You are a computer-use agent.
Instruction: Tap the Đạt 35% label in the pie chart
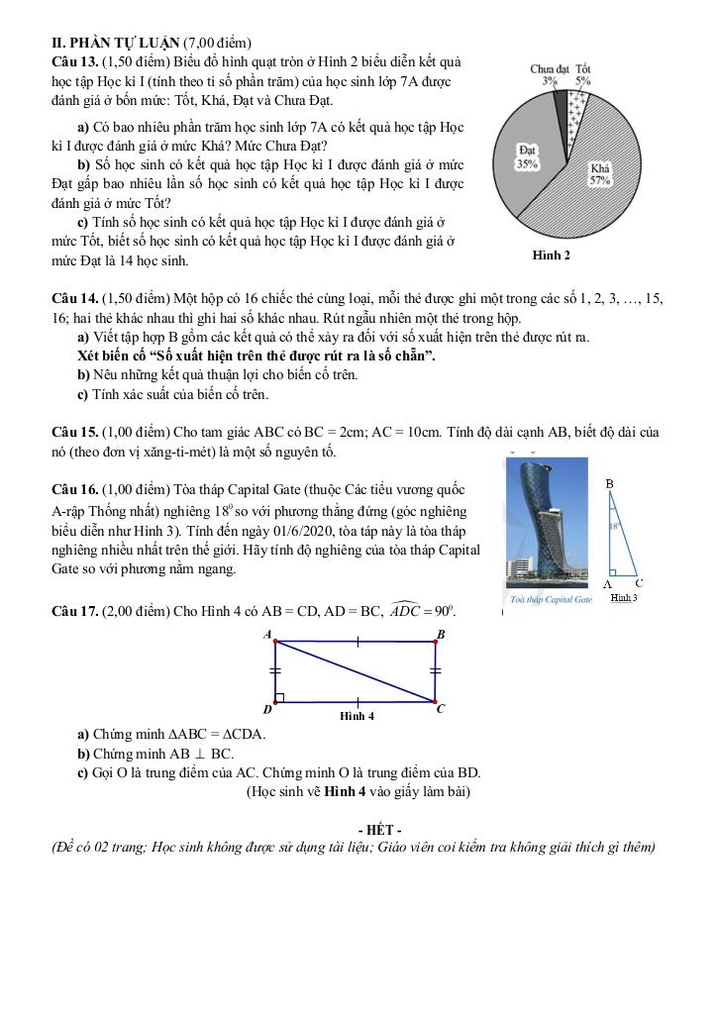528,156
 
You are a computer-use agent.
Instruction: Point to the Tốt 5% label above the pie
583,75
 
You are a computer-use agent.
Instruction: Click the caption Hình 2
552,254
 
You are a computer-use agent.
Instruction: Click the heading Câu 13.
74,61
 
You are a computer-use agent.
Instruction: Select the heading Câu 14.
74,298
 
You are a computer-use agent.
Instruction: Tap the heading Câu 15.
74,433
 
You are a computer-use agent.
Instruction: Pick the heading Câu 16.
74,490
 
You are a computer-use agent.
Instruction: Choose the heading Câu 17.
74,611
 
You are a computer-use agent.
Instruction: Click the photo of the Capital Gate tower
543,525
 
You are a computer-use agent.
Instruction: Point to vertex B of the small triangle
610,484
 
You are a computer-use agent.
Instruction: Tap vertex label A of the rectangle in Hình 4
267,633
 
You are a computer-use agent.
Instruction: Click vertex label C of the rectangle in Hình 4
442,709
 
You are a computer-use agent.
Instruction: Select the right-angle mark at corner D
280,697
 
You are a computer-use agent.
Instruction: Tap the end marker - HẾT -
378,829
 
